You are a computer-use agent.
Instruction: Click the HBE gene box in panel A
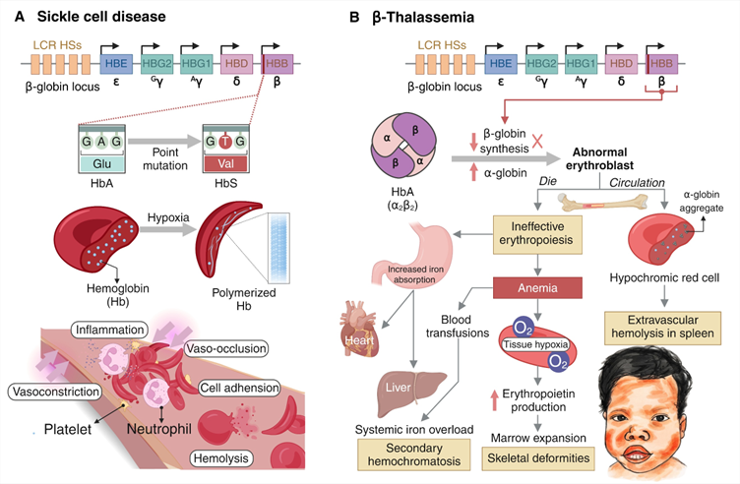(116, 64)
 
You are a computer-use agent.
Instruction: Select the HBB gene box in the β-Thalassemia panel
(661, 64)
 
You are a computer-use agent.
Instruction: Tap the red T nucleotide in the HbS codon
(225, 141)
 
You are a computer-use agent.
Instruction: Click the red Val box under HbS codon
(225, 163)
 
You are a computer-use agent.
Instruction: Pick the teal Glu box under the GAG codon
(102, 163)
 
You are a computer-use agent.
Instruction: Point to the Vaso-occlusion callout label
(226, 348)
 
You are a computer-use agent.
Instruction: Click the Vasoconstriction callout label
(56, 392)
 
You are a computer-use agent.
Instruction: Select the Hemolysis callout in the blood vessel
(220, 458)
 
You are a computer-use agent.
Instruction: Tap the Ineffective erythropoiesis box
(537, 233)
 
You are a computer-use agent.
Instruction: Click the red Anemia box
(537, 288)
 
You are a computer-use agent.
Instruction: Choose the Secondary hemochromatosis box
(414, 454)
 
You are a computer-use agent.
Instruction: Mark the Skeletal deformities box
(538, 458)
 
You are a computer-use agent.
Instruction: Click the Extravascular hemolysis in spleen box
(662, 328)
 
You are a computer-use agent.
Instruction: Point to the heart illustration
(359, 330)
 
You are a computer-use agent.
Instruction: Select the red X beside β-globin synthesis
(537, 141)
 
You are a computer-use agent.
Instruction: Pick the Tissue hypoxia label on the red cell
(535, 344)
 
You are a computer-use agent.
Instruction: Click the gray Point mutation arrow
(164, 141)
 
